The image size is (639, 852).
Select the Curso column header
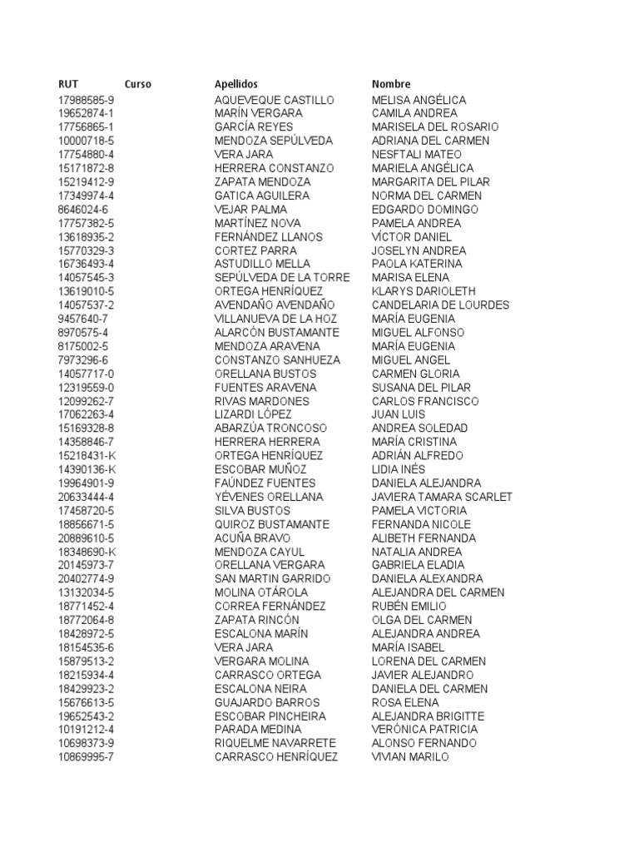coord(138,84)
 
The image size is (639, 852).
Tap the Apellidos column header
coord(236,84)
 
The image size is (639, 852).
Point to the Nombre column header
coord(391,84)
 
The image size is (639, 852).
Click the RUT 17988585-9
coord(86,100)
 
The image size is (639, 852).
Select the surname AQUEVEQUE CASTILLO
coord(274,100)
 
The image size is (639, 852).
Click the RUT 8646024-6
coord(82,209)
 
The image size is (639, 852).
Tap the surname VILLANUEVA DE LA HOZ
coord(275,319)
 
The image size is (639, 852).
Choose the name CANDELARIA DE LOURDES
coord(440,305)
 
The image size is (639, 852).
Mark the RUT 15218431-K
coord(87,455)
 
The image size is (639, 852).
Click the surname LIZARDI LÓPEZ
coord(253,414)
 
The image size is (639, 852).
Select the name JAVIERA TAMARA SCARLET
coord(442,497)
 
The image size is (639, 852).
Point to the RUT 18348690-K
coord(87,552)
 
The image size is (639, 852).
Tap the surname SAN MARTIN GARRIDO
coord(272,578)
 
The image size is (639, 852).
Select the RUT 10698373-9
coord(86,743)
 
